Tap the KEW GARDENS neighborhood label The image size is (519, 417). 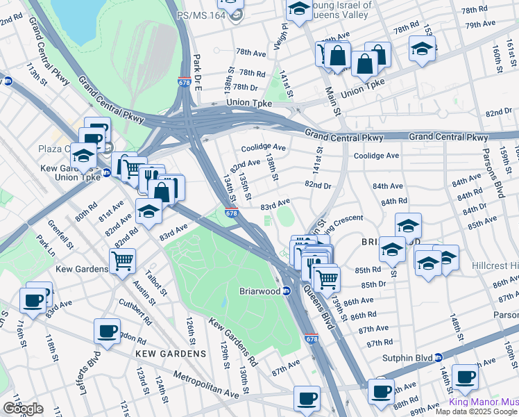pos(171,354)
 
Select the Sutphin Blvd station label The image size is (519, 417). pos(408,358)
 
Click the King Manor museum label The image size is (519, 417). pos(483,402)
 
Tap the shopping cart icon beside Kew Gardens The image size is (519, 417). pos(122,261)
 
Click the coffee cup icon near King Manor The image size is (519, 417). pos(465,377)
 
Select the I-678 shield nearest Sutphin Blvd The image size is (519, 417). pos(311,340)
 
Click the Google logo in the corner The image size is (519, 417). pos(23,409)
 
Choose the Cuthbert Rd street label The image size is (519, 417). pos(130,306)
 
